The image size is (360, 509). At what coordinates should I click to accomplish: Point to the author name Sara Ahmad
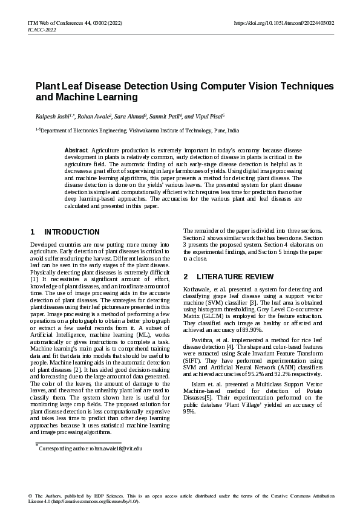pyautogui.click(x=129, y=115)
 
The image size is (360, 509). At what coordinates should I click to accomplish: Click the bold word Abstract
pyautogui.click(x=76, y=149)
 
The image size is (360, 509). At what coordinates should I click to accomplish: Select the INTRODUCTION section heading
pyautogui.click(x=72, y=232)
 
